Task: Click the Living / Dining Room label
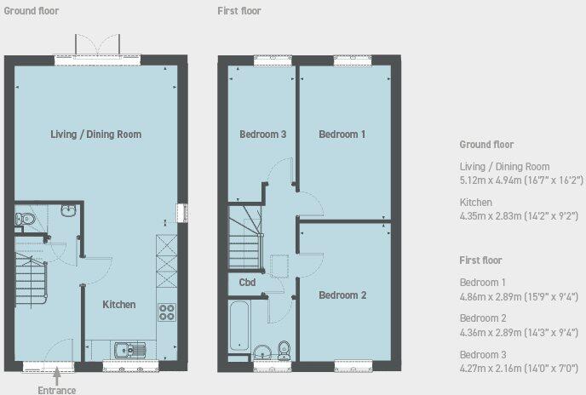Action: click(x=95, y=135)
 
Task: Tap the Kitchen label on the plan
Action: click(x=119, y=305)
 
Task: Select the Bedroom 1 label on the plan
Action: click(x=342, y=135)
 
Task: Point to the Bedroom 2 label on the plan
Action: click(x=342, y=295)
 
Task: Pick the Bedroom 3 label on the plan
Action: click(x=262, y=135)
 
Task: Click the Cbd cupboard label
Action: click(x=247, y=283)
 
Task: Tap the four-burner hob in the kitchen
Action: click(x=166, y=313)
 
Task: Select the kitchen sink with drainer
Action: click(x=131, y=348)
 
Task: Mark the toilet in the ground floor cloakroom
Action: click(x=26, y=220)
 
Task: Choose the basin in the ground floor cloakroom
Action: click(x=70, y=209)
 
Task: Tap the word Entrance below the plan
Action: click(x=57, y=390)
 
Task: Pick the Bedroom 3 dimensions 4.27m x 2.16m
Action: click(x=520, y=367)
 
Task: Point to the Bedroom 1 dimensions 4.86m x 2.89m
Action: click(x=520, y=296)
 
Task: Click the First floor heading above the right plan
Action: click(x=239, y=11)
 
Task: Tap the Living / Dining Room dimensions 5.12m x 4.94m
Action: click(x=521, y=180)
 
